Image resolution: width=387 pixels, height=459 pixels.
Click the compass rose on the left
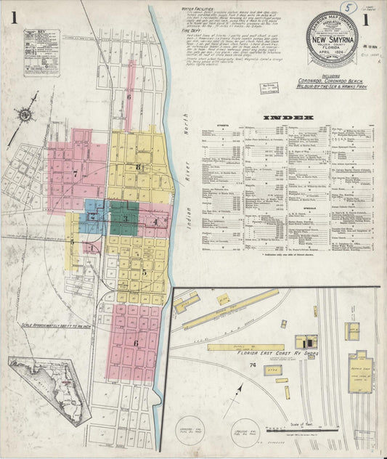coord(25,115)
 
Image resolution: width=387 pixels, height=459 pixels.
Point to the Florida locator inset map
coord(51,381)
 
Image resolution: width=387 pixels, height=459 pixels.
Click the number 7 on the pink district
coord(75,174)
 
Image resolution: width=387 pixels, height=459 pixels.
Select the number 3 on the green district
coord(125,218)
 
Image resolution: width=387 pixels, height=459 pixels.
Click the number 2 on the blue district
coord(93,216)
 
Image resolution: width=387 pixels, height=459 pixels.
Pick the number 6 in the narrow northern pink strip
coord(129,97)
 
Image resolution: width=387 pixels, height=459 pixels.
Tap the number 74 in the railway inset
coord(253,365)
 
